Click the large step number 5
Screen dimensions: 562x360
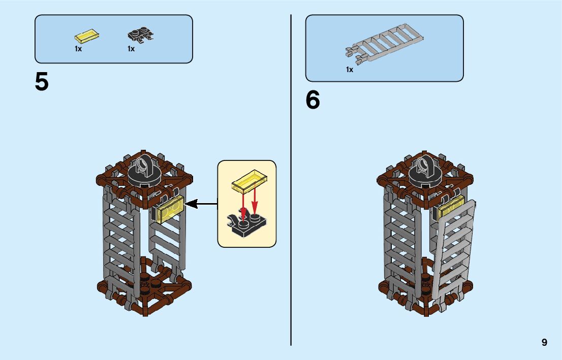[x=42, y=82]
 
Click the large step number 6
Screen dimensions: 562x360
[x=313, y=100]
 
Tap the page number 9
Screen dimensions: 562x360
[x=544, y=342]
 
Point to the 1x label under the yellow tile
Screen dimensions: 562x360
[x=78, y=49]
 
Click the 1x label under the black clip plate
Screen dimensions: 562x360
[x=131, y=49]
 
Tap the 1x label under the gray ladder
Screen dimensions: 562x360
[x=350, y=70]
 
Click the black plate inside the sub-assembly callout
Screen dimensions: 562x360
[x=246, y=224]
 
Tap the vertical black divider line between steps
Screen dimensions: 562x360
[x=291, y=178]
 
